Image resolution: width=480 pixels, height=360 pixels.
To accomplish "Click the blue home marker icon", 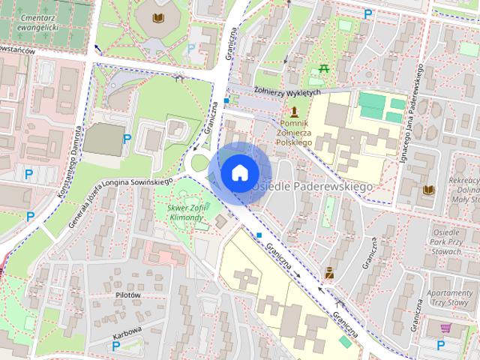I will (238, 172).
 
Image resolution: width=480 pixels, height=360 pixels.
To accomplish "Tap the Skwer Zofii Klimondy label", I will (186, 212).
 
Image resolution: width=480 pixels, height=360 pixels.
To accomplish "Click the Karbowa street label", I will (127, 328).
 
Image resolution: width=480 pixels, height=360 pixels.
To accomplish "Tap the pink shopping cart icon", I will (445, 327).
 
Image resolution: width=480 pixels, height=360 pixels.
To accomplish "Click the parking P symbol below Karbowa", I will (115, 346).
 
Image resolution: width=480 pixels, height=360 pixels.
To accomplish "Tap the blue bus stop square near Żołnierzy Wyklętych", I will (226, 100).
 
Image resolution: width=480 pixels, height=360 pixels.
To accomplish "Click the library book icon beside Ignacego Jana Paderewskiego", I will (429, 190).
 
